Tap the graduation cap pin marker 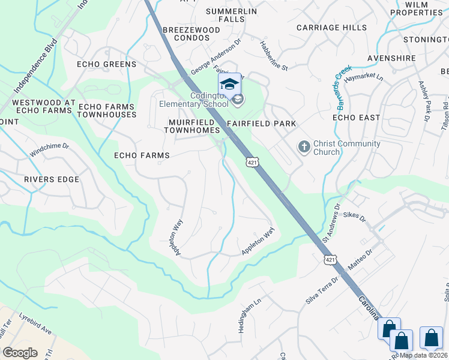(x=229, y=84)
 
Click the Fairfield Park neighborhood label (x=262, y=124)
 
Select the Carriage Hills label (x=331, y=28)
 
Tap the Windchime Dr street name (x=50, y=150)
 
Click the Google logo (x=20, y=352)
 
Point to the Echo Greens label (x=106, y=64)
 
